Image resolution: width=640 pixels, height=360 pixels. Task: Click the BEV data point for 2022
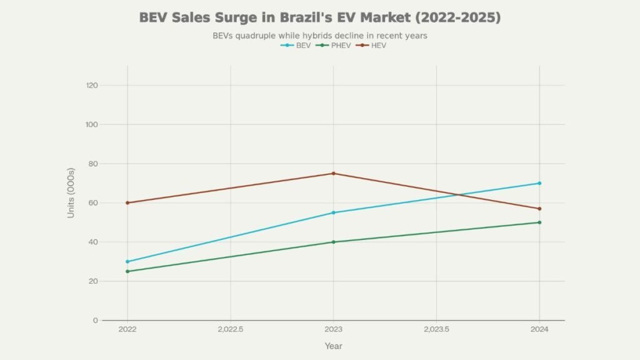point(127,261)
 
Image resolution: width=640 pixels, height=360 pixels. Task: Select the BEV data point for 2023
point(333,212)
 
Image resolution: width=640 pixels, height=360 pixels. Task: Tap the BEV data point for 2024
point(539,183)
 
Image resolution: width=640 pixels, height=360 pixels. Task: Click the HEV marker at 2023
point(333,173)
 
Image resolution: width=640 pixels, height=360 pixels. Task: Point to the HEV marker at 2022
point(127,202)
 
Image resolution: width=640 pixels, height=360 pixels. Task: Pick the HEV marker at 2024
point(539,209)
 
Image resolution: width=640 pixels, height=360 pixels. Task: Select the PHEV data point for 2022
point(127,271)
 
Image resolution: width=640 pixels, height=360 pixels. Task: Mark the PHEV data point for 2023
point(333,242)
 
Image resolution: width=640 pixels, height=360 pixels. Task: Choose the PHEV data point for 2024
point(539,222)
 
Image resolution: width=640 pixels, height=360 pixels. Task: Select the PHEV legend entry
point(332,46)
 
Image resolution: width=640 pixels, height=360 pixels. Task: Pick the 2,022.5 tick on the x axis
point(231,329)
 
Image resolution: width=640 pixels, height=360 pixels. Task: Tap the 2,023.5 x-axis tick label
point(436,329)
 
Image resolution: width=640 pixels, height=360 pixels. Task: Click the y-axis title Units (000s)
point(71,193)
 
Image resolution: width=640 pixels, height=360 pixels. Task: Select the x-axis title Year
point(333,346)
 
